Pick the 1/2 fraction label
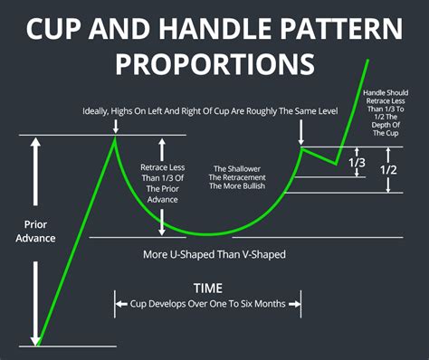click(389, 170)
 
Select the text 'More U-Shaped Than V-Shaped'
click(214, 255)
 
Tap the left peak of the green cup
click(115, 137)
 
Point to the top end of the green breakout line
click(369, 60)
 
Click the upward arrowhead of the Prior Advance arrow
click(35, 143)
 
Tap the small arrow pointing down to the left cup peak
click(115, 127)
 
